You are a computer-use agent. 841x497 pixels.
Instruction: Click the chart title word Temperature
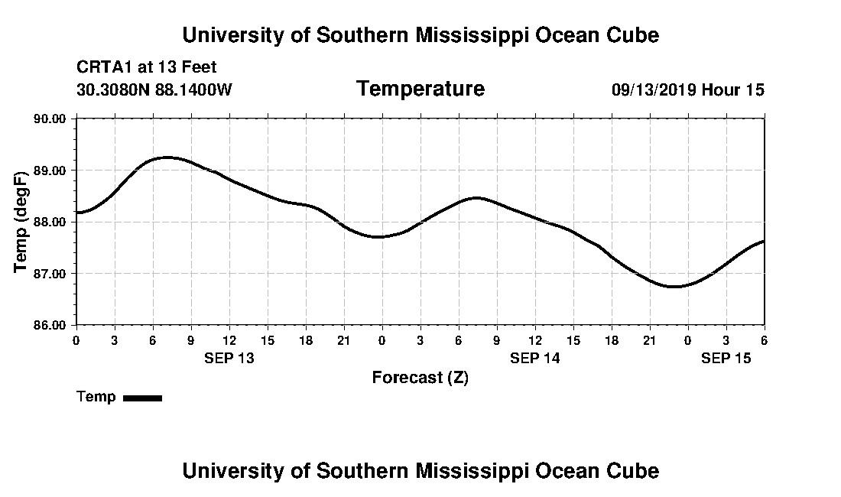coord(420,89)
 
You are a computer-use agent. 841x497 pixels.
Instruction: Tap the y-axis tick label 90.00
coord(51,119)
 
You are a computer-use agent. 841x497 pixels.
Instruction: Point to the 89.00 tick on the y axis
coord(51,170)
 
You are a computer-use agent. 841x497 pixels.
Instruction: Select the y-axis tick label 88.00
coord(51,222)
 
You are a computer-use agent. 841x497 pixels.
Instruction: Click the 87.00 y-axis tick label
coord(51,273)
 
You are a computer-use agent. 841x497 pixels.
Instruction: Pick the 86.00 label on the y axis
coord(51,325)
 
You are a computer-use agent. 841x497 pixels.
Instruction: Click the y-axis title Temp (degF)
coord(21,222)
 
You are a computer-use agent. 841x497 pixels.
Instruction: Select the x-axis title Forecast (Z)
coord(420,378)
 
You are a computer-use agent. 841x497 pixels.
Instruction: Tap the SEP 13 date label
coord(229,358)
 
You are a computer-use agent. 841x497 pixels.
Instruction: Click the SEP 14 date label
coord(535,358)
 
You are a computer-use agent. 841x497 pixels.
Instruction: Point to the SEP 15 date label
coord(726,358)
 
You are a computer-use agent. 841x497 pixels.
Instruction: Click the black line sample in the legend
coord(142,398)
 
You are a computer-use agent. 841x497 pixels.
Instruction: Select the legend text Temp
coord(96,397)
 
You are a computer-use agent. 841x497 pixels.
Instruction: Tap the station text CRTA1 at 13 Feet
coord(147,67)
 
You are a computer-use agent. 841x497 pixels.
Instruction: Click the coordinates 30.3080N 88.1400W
coord(154,90)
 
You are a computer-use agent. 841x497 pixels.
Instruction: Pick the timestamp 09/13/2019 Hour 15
coord(687,90)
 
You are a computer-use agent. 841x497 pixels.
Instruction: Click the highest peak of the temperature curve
coord(167,157)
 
